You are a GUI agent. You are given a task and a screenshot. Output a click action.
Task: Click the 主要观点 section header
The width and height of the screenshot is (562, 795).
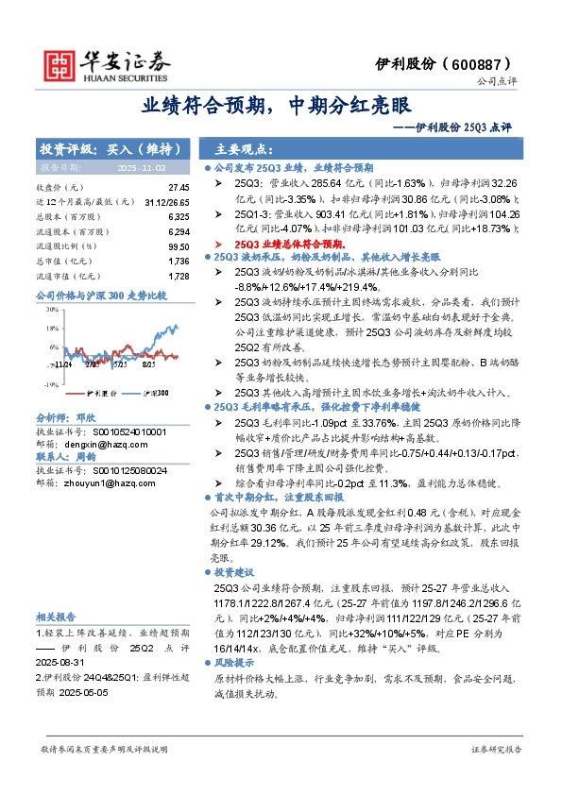(x=243, y=149)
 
